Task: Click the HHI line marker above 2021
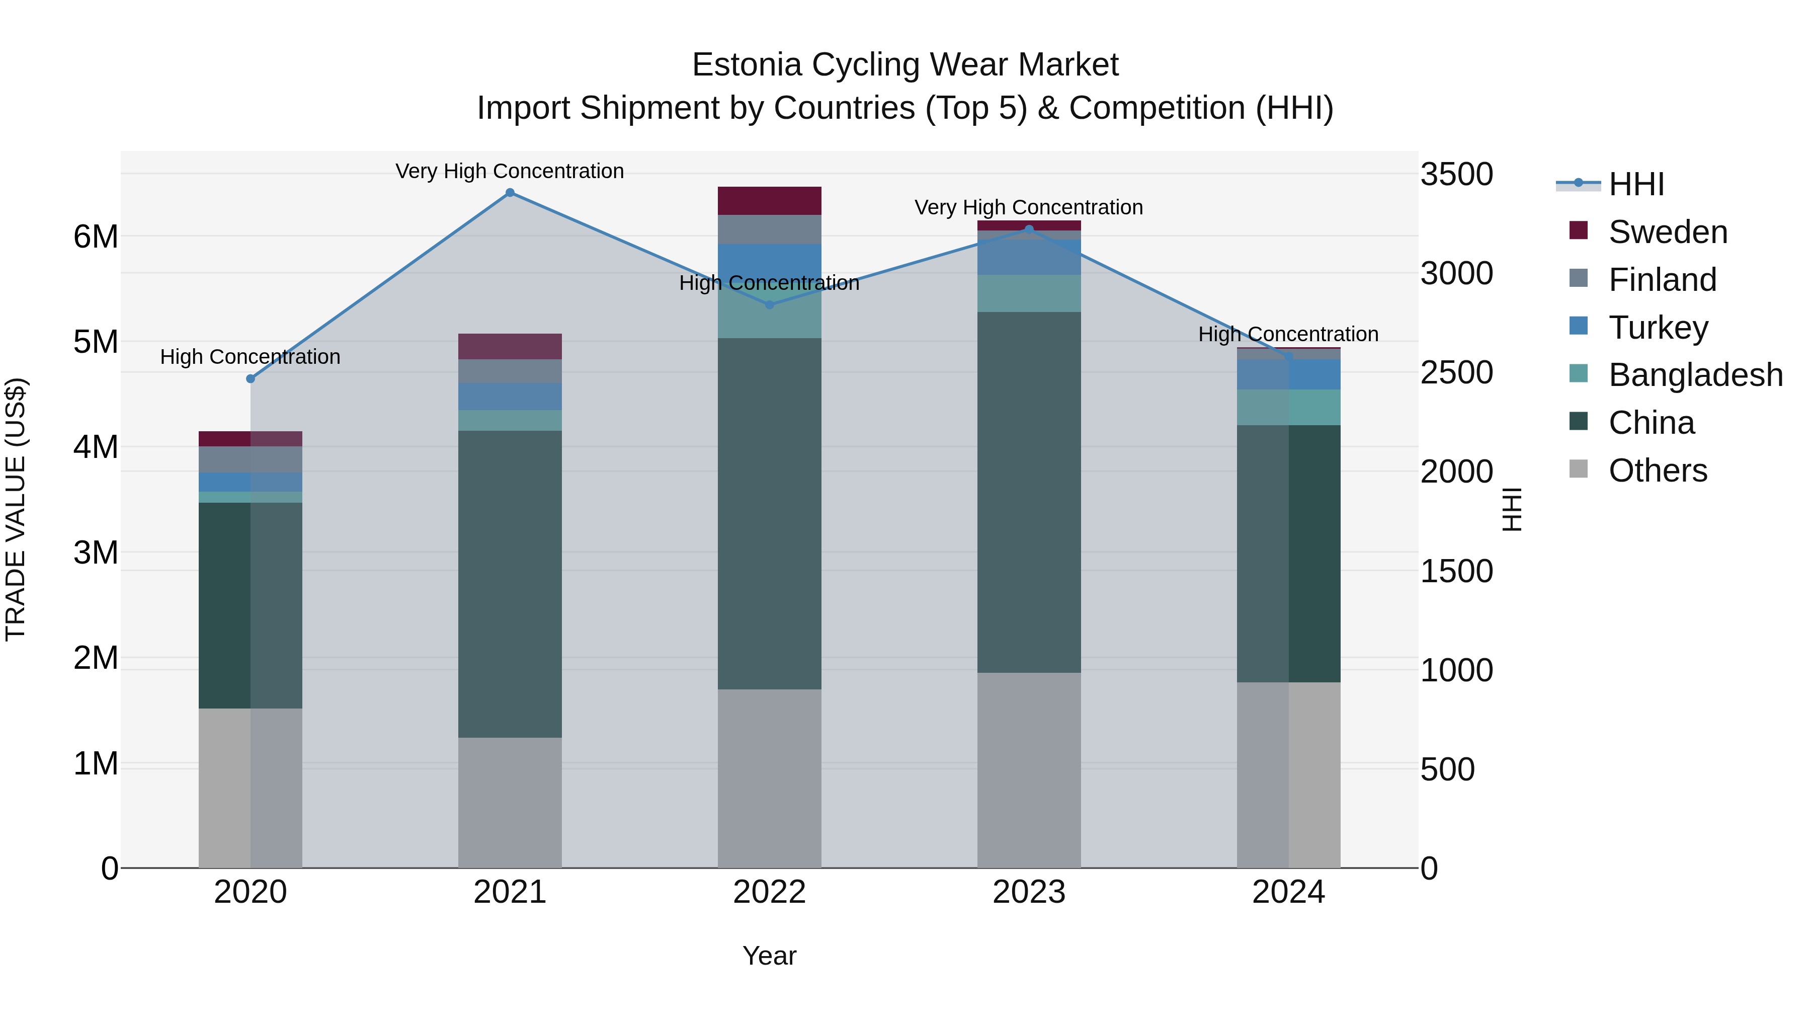[x=510, y=193]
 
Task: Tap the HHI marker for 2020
[x=251, y=379]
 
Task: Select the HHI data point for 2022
[x=769, y=304]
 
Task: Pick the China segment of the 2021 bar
[x=510, y=584]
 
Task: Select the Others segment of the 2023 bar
[x=1029, y=770]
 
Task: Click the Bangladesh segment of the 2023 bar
[x=1029, y=293]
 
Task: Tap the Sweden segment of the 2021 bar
[x=510, y=347]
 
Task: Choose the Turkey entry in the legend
[x=1658, y=328]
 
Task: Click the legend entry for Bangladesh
[x=1694, y=375]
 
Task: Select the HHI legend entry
[x=1635, y=184]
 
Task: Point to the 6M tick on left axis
[x=96, y=237]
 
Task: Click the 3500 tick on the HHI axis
[x=1456, y=175]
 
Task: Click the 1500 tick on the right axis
[x=1456, y=572]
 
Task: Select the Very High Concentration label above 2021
[x=510, y=171]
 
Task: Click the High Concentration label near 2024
[x=1288, y=334]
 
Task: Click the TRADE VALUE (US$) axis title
[x=16, y=509]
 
